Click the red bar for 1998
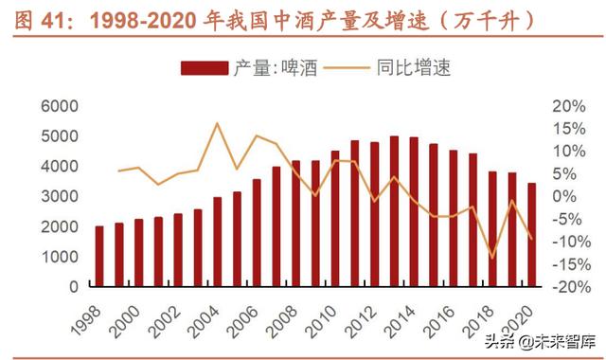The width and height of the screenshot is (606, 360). click(x=99, y=256)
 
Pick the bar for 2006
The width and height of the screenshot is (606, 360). click(x=256, y=232)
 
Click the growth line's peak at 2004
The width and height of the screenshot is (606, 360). click(x=217, y=123)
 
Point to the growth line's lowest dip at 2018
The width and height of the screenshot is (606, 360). click(x=491, y=257)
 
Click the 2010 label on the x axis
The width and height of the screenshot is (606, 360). click(x=324, y=315)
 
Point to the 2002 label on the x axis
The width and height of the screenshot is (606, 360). click(x=167, y=315)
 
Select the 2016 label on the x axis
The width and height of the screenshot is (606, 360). click(x=441, y=315)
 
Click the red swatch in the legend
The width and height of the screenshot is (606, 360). click(x=203, y=67)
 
